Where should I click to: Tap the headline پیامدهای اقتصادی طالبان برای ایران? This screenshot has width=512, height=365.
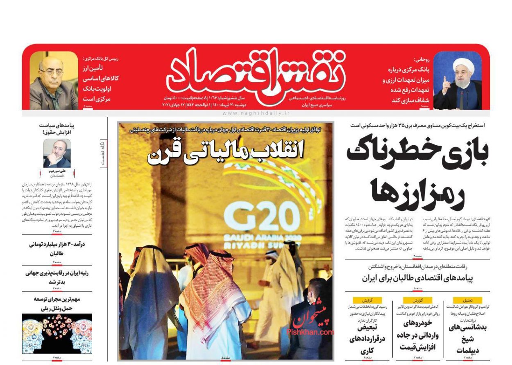click(x=417, y=278)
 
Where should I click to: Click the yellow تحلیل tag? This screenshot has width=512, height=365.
click(x=467, y=300)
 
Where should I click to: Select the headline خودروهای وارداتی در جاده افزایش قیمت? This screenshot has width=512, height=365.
click(x=417, y=335)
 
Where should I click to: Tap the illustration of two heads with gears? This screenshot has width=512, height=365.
click(x=57, y=333)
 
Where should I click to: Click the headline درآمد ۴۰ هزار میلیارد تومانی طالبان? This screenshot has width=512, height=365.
click(x=57, y=249)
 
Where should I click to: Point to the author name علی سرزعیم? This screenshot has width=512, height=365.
click(x=57, y=171)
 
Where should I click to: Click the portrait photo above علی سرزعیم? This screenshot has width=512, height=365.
click(x=57, y=153)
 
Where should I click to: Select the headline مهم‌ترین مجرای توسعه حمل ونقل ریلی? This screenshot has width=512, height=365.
click(x=57, y=304)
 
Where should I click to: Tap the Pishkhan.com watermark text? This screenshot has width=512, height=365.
click(x=310, y=332)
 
